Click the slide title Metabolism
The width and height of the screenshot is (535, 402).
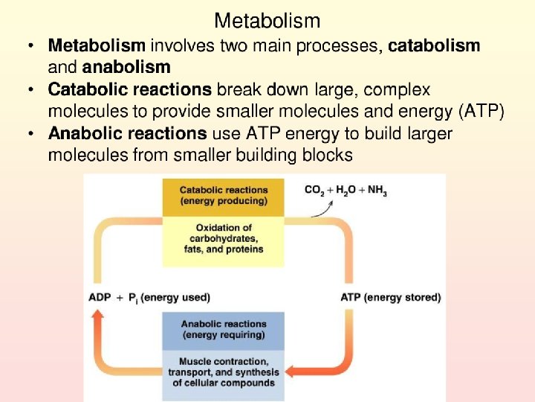pos(267,21)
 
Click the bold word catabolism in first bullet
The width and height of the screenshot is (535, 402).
pos(434,46)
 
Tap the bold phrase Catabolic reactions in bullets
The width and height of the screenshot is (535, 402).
pos(130,90)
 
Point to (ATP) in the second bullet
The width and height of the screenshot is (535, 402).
pos(482,112)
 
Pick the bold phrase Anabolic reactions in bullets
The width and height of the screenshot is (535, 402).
pos(127,134)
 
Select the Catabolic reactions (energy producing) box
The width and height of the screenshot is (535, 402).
pos(223,195)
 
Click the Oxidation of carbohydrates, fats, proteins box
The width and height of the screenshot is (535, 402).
pos(223,238)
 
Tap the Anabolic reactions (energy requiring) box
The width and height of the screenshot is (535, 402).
pos(223,329)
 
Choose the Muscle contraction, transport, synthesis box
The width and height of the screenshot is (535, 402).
pos(223,372)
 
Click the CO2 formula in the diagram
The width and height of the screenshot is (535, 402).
pos(315,191)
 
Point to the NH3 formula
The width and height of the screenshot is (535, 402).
pos(377,191)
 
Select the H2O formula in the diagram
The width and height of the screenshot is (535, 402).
pos(346,191)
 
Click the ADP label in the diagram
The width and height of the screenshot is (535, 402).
pos(100,297)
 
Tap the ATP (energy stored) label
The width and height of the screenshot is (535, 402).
pos(390,297)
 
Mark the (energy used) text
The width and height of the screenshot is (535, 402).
pos(175,297)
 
